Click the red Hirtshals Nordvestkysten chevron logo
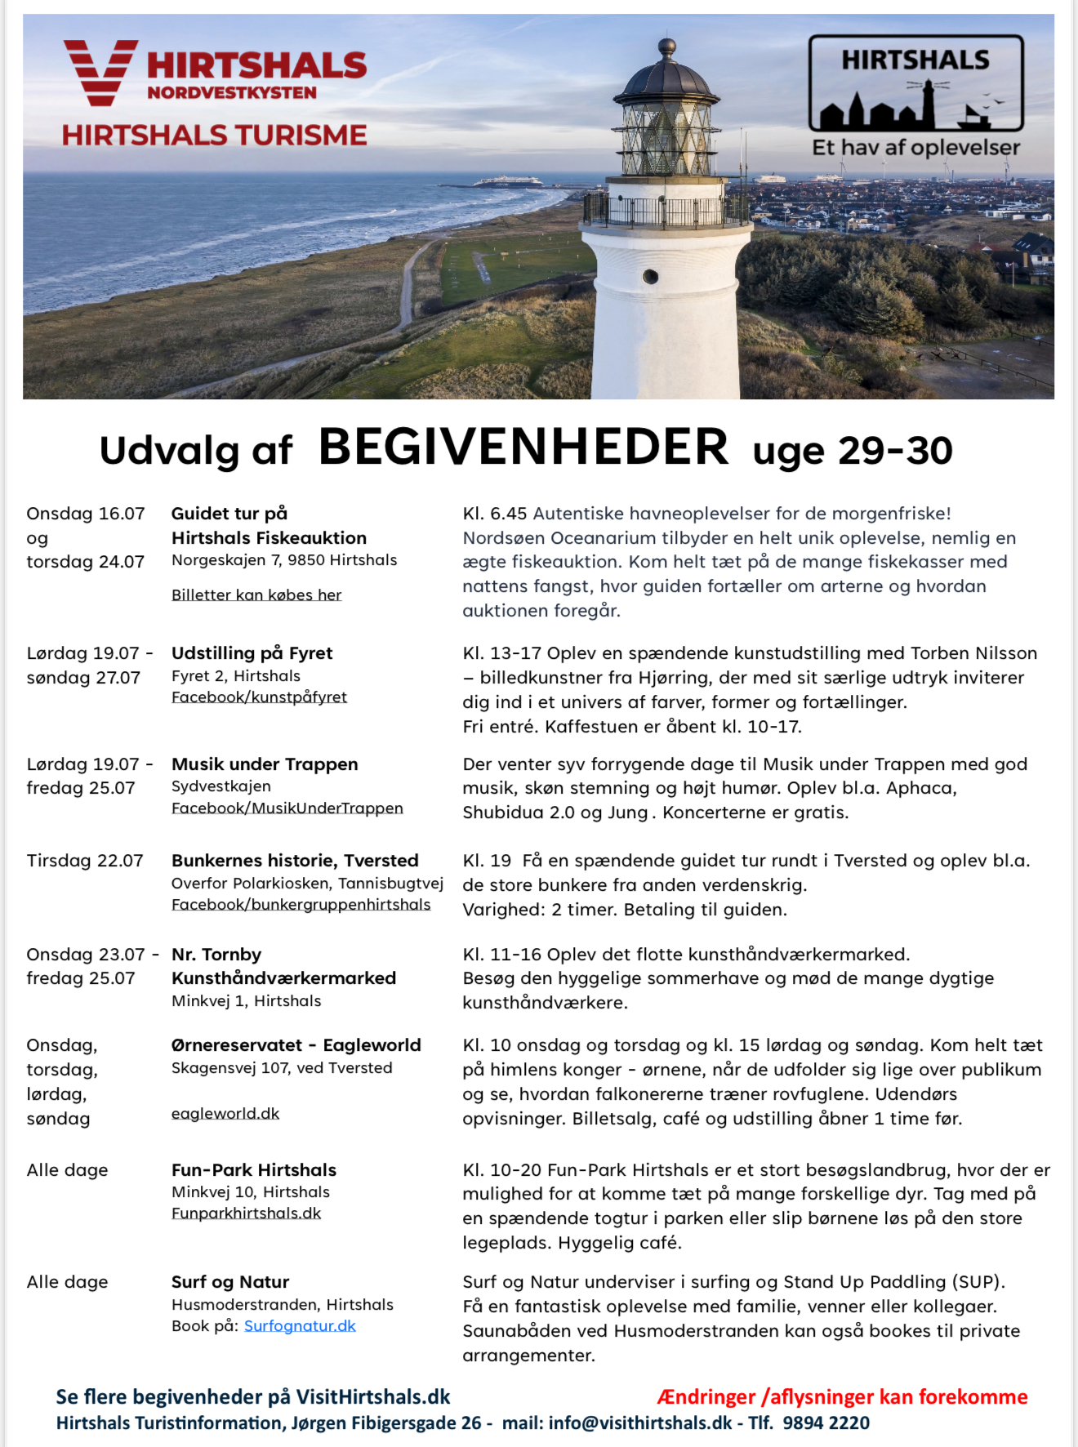[100, 72]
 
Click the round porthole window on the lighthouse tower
[650, 276]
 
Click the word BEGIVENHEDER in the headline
[523, 447]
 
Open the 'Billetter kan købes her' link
[256, 594]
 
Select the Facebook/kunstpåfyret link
[259, 697]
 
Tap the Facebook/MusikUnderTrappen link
[287, 808]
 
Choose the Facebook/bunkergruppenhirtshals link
[301, 905]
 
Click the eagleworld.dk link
[225, 1114]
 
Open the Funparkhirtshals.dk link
[246, 1213]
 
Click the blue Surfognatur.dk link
[300, 1326]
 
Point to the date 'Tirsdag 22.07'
[85, 861]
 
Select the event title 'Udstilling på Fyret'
[252, 653]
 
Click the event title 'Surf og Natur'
[230, 1282]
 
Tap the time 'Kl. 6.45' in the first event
[495, 514]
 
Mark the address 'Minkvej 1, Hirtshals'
[246, 1001]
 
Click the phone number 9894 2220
[826, 1423]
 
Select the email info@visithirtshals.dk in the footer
[640, 1423]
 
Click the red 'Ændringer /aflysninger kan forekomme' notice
[842, 1397]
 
